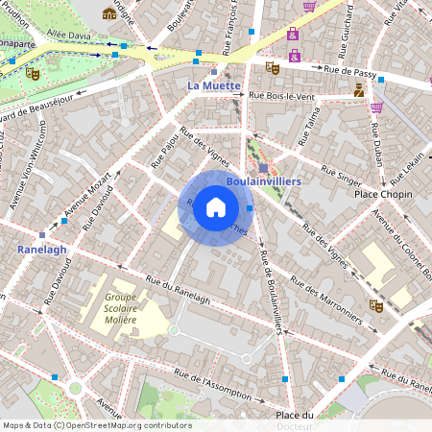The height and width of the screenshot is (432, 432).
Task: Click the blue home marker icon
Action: [x=216, y=206]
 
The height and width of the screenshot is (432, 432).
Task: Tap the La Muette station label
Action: [x=212, y=86]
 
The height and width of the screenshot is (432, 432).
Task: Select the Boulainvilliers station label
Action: [x=264, y=180]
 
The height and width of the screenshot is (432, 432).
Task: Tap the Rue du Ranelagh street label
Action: [x=178, y=292]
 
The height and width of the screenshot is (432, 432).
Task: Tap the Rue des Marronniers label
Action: [x=326, y=301]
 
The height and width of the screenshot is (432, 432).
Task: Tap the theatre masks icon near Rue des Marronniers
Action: [x=375, y=306]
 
